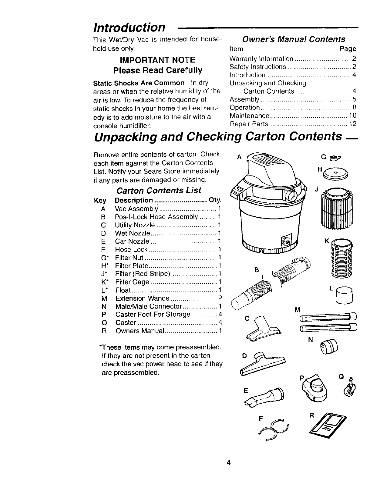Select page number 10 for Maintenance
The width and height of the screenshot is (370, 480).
pyautogui.click(x=352, y=116)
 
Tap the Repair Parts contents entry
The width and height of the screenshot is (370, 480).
pyautogui.click(x=249, y=124)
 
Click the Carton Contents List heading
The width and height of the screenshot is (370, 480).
pyautogui.click(x=159, y=190)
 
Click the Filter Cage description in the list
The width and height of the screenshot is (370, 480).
pyautogui.click(x=132, y=282)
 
